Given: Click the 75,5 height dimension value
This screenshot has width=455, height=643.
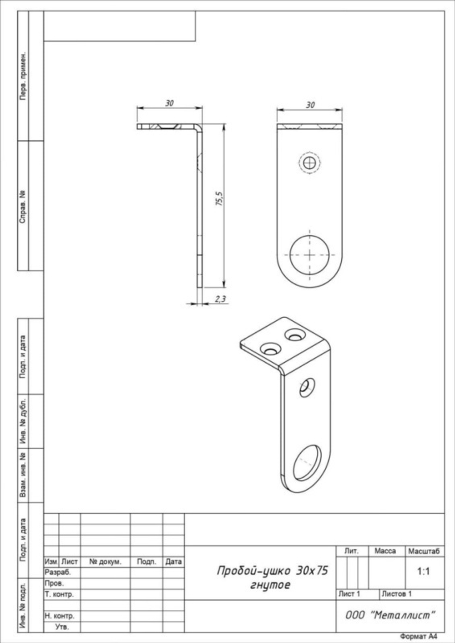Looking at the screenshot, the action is pyautogui.click(x=219, y=199).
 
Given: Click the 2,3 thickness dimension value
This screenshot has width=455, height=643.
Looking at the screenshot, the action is pyautogui.click(x=220, y=299).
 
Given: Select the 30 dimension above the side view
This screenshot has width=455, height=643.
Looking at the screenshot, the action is pyautogui.click(x=169, y=103).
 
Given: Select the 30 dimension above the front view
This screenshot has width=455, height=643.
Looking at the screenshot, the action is pyautogui.click(x=310, y=105).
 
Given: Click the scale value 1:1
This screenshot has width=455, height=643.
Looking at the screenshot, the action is pyautogui.click(x=424, y=572).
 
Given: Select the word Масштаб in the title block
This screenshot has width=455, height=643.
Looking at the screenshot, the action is pyautogui.click(x=424, y=551).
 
